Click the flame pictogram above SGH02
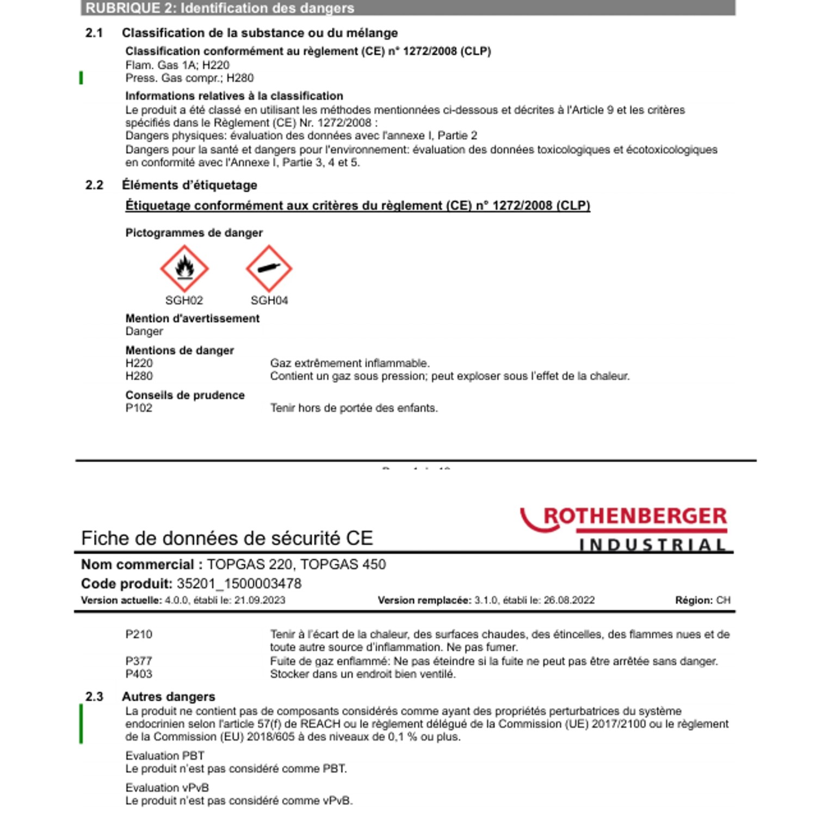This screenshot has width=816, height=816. tap(184, 268)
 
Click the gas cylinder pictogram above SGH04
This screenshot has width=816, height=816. tap(269, 268)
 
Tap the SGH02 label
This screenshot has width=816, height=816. tap(184, 300)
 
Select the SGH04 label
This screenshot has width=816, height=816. tap(269, 300)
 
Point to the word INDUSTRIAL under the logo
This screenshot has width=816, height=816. tap(652, 545)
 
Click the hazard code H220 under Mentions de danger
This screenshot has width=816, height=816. tap(139, 363)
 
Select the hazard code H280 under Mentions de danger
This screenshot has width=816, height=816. tap(139, 376)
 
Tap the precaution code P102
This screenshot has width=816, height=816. tap(139, 408)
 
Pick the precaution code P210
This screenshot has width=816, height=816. tap(139, 634)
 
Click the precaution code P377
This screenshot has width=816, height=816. tap(139, 661)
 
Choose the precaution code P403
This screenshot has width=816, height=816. tap(139, 674)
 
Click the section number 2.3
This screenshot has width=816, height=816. tap(94, 697)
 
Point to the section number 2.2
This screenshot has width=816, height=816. tap(94, 186)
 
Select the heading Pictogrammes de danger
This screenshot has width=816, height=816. tap(194, 233)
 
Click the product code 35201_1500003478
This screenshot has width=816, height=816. tap(239, 584)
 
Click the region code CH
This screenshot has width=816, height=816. tap(723, 601)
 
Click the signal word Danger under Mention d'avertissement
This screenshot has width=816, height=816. tap(144, 331)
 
